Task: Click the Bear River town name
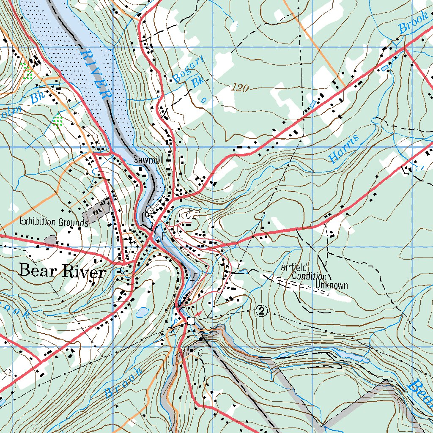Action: (x=62, y=271)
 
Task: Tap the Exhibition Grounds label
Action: (x=54, y=222)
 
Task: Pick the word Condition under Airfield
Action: (x=309, y=277)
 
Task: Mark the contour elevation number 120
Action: (x=240, y=88)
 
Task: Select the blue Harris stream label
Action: (x=344, y=149)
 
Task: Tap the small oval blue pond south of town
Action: (x=142, y=312)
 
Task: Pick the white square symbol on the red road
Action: (x=191, y=321)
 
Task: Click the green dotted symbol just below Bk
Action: (x=58, y=121)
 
